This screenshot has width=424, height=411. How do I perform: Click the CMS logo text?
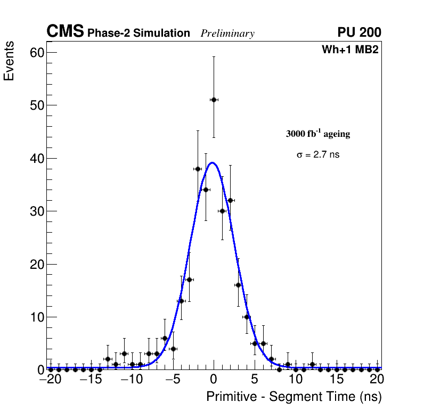point(65,32)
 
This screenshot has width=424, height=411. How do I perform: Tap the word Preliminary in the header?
point(227,34)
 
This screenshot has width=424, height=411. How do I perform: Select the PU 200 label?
point(359,32)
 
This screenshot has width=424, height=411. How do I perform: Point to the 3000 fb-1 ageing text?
point(318,134)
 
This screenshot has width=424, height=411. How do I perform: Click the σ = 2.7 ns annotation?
point(318,155)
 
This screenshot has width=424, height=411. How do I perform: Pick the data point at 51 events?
point(214,100)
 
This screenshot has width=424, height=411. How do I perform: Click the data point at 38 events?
point(198,169)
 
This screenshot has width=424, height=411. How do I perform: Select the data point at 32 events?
point(230,200)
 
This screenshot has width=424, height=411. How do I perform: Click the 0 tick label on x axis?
point(214,380)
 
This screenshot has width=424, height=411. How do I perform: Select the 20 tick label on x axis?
point(377,380)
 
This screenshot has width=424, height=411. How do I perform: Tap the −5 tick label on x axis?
point(173,380)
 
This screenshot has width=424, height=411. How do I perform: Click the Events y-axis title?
point(9,62)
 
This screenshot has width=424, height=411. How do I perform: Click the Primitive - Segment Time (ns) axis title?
point(294,397)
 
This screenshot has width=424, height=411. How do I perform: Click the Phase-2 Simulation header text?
point(138,34)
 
